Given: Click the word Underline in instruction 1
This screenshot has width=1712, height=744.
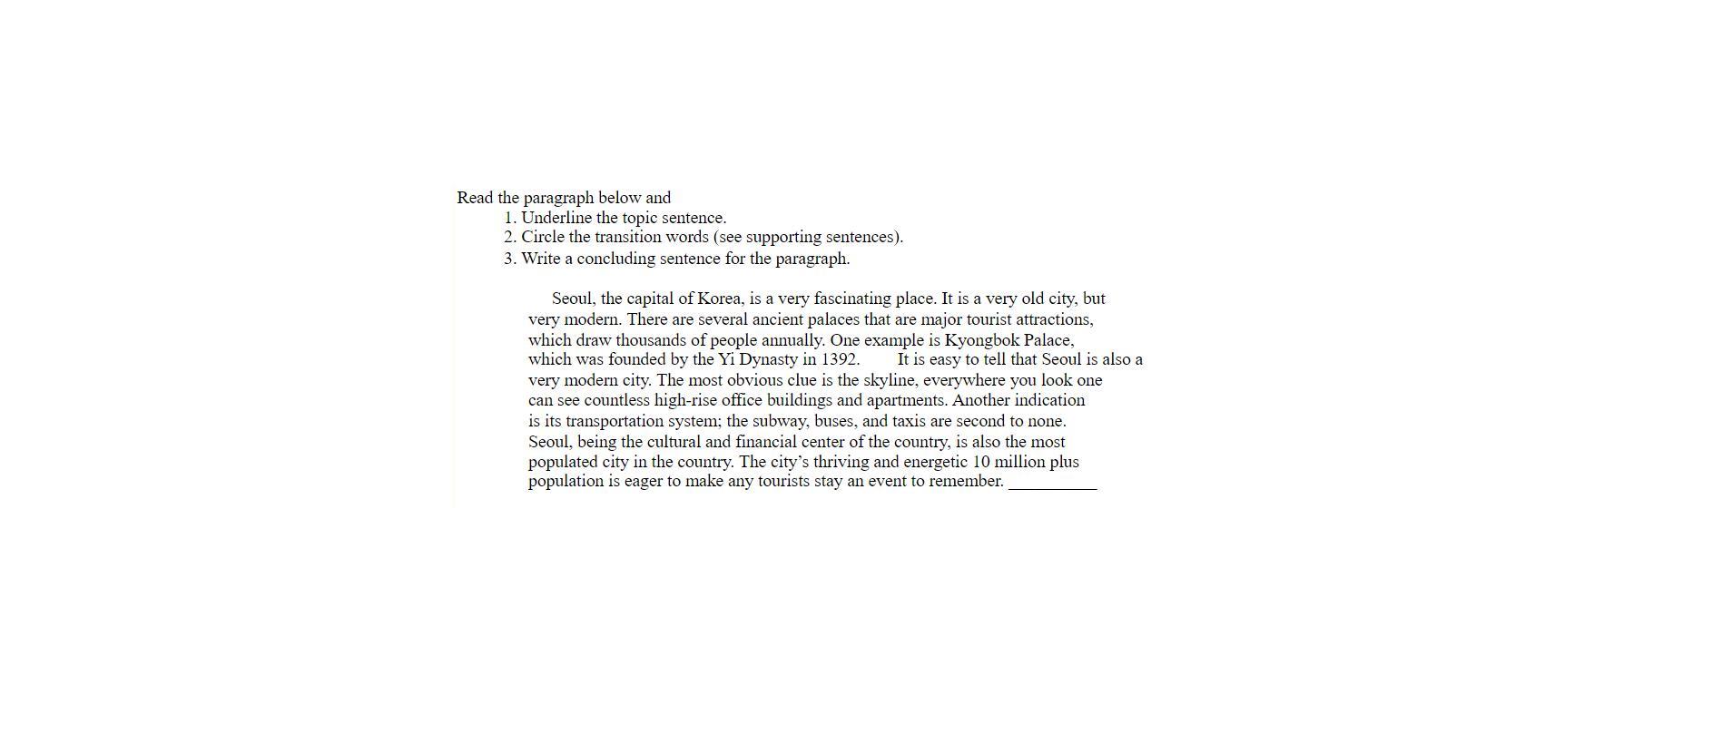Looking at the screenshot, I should pos(556,218).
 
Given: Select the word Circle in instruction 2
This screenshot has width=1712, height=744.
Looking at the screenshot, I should pos(542,237).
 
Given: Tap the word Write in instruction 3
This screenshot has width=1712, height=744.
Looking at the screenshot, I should pos(541,259).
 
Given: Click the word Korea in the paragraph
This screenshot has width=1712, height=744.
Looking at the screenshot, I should pos(721,299).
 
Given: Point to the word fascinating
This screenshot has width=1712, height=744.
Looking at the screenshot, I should pos(854,299).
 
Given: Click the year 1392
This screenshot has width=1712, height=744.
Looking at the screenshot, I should pos(840,359).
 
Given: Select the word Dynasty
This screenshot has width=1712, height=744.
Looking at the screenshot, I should pos(768,359).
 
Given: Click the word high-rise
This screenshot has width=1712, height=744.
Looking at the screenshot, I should pos(685,400).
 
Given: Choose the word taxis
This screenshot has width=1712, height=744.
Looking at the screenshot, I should pos(909,421).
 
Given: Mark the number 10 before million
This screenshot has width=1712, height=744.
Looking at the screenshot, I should pos(980,462).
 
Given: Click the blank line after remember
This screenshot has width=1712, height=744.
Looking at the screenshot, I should pos(1052,485).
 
